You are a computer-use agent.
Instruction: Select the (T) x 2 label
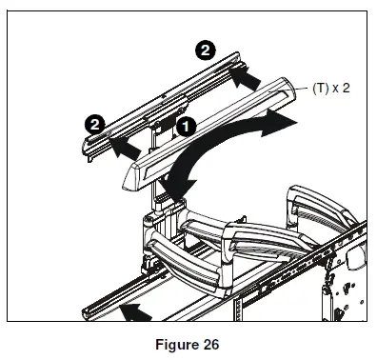(x=330, y=86)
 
